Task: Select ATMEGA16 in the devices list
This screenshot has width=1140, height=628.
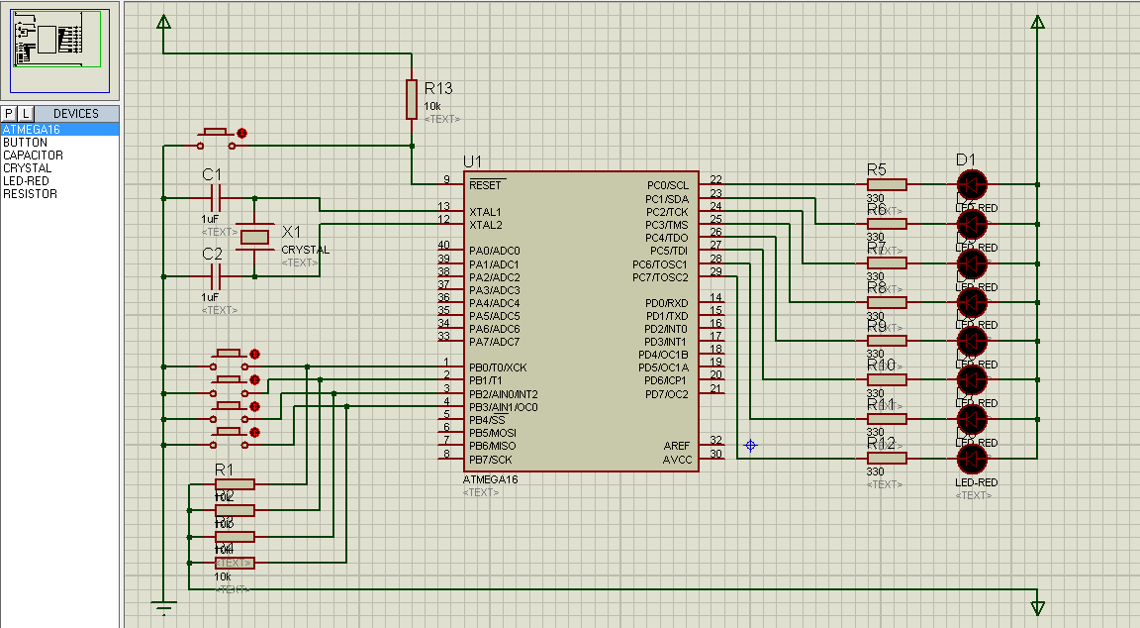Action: click(32, 130)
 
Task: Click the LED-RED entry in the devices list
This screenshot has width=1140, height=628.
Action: click(27, 181)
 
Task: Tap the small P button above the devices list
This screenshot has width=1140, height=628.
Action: click(9, 114)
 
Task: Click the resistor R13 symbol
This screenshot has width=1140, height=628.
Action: click(412, 99)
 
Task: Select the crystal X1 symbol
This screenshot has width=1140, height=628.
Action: click(256, 237)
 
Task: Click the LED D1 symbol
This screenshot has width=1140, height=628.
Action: click(972, 184)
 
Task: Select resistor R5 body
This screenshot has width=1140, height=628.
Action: click(887, 184)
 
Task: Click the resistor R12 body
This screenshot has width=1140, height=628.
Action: click(887, 458)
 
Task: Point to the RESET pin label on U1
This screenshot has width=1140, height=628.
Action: click(486, 185)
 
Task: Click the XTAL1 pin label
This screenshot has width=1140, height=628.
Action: click(486, 212)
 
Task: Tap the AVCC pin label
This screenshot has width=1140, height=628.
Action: click(677, 460)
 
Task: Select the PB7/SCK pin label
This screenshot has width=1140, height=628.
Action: click(491, 460)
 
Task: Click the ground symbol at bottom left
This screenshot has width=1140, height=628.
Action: click(163, 607)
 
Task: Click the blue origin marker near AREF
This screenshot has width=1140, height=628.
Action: click(750, 446)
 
